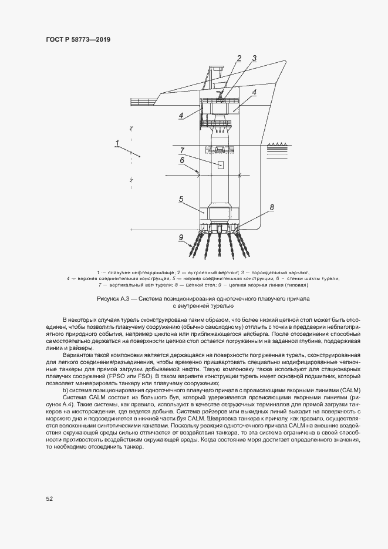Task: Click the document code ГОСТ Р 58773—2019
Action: click(x=78, y=39)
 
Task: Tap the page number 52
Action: click(x=49, y=499)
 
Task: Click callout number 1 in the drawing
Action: click(x=117, y=143)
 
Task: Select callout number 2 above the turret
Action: click(x=239, y=58)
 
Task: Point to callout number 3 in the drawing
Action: click(x=254, y=58)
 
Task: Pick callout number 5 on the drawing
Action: click(x=182, y=199)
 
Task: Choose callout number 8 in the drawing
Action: click(x=271, y=207)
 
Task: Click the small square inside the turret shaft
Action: click(x=221, y=165)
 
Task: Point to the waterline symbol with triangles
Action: click(x=282, y=143)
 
